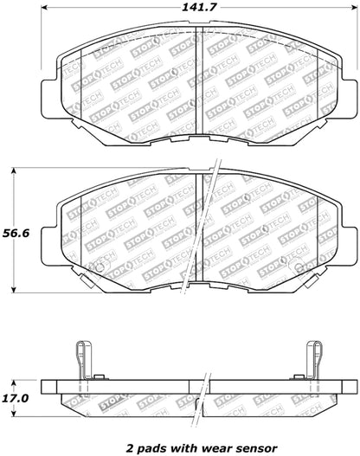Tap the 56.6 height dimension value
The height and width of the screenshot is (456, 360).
pos(18,233)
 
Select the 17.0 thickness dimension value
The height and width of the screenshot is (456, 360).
pos(18,376)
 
